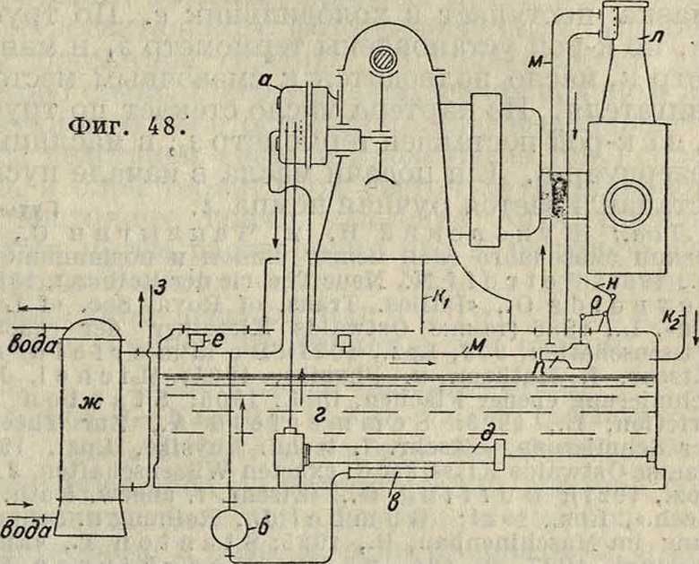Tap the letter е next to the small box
(217, 343)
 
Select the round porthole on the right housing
(627, 203)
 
